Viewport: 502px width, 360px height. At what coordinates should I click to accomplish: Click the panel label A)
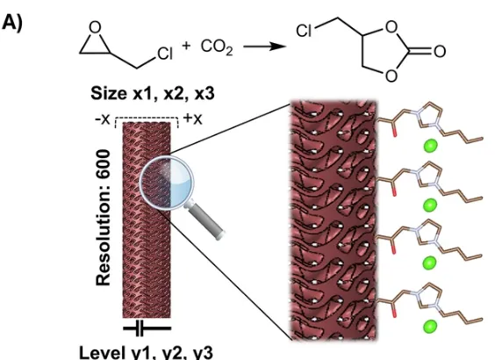(x=11, y=24)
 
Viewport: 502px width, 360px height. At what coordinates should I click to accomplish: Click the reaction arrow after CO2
(x=265, y=47)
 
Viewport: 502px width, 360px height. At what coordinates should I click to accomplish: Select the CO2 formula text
(x=217, y=47)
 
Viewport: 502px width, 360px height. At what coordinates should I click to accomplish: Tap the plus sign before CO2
(x=186, y=46)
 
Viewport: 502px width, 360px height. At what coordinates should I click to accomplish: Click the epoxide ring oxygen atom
(x=95, y=27)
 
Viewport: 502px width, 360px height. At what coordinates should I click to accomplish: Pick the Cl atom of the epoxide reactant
(x=165, y=54)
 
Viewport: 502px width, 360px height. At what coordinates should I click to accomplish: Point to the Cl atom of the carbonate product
(x=304, y=31)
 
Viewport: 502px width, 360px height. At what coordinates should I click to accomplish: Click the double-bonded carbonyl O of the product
(x=440, y=51)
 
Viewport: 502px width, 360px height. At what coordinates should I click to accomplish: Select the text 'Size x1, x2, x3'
(x=153, y=94)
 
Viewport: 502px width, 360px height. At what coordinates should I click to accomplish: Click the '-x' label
(x=103, y=119)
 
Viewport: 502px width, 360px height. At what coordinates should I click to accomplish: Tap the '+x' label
(x=193, y=119)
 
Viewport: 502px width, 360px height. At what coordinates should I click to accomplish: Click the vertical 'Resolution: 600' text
(x=104, y=218)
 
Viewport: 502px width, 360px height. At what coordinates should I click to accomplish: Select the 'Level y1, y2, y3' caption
(x=146, y=353)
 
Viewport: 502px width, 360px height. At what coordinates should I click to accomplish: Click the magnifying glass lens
(x=167, y=183)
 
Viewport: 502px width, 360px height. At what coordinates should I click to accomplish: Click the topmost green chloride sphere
(x=431, y=146)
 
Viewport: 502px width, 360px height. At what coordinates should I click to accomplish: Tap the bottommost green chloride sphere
(x=430, y=327)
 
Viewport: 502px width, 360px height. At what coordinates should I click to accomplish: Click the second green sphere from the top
(x=430, y=205)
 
